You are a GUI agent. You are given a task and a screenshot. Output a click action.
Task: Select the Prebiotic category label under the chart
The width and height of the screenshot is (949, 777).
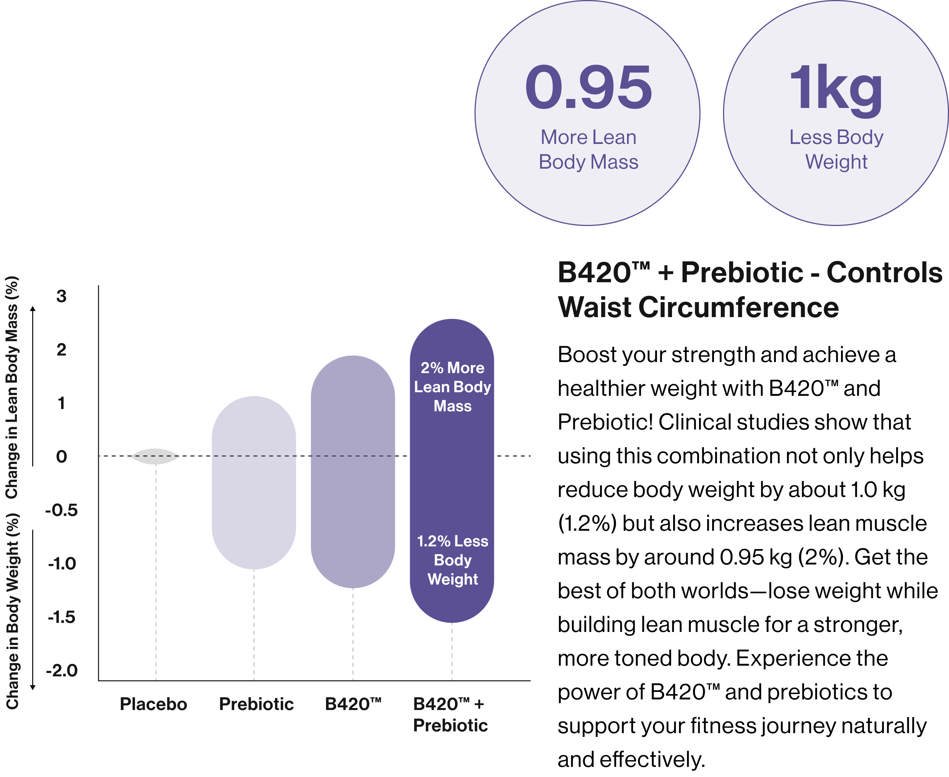(256, 704)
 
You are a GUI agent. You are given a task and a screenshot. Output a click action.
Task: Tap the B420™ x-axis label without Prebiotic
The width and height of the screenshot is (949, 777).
(353, 704)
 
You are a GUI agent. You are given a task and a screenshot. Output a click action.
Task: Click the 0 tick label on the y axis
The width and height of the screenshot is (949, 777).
(61, 457)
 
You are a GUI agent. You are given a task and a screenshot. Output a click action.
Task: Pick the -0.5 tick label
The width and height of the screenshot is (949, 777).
(61, 510)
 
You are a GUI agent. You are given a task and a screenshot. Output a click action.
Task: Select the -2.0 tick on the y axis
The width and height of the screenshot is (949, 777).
(61, 671)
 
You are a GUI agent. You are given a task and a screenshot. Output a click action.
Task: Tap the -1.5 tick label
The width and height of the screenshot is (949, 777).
(61, 617)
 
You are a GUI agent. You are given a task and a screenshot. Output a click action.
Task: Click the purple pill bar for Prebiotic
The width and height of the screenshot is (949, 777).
(254, 482)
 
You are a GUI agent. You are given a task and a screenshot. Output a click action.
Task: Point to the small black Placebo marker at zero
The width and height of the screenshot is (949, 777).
(155, 456)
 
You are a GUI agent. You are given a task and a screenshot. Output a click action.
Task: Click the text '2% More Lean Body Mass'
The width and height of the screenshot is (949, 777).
(452, 387)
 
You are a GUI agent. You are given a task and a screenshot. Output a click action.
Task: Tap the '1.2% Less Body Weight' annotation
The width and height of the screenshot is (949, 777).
(452, 560)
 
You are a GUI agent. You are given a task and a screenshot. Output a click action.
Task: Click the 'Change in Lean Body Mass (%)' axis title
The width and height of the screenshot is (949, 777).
(12, 387)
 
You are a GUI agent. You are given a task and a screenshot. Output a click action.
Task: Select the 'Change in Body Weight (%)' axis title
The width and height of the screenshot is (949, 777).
(12, 611)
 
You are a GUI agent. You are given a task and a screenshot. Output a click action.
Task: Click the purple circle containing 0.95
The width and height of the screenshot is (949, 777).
(587, 113)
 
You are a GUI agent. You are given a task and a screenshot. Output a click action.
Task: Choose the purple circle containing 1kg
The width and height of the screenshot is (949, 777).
(835, 113)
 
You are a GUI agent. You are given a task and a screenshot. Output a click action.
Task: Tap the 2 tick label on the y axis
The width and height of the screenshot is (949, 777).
(61, 350)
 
